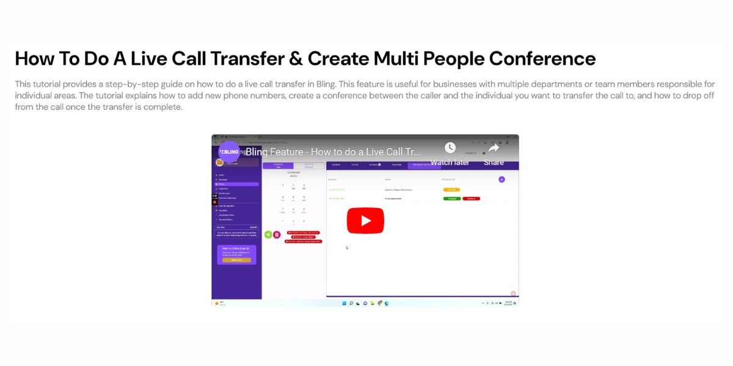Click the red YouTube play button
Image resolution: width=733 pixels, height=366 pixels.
365,220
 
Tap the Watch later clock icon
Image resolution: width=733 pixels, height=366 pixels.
450,148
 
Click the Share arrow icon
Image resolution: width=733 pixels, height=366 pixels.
494,148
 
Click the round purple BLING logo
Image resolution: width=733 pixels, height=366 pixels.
230,151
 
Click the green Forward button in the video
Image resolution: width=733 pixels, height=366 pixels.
452,198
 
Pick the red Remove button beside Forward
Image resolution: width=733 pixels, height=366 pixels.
471,198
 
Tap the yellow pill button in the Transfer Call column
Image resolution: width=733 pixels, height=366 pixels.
451,190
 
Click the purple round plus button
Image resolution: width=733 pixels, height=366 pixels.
501,179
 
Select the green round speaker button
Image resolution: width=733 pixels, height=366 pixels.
268,234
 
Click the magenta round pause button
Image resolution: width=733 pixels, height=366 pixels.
277,234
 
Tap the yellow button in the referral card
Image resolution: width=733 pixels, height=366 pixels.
236,260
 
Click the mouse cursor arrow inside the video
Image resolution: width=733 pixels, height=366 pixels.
347,248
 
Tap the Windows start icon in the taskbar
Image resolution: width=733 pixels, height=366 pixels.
344,303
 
